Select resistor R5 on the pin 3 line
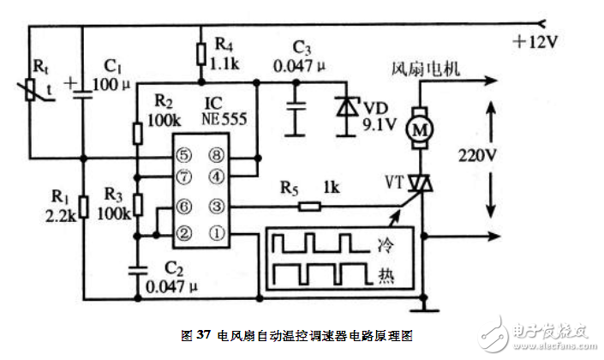click(311, 206)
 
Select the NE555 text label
click(224, 118)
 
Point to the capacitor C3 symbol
click(296, 107)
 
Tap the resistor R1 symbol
click(82, 206)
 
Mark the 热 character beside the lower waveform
click(389, 276)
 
